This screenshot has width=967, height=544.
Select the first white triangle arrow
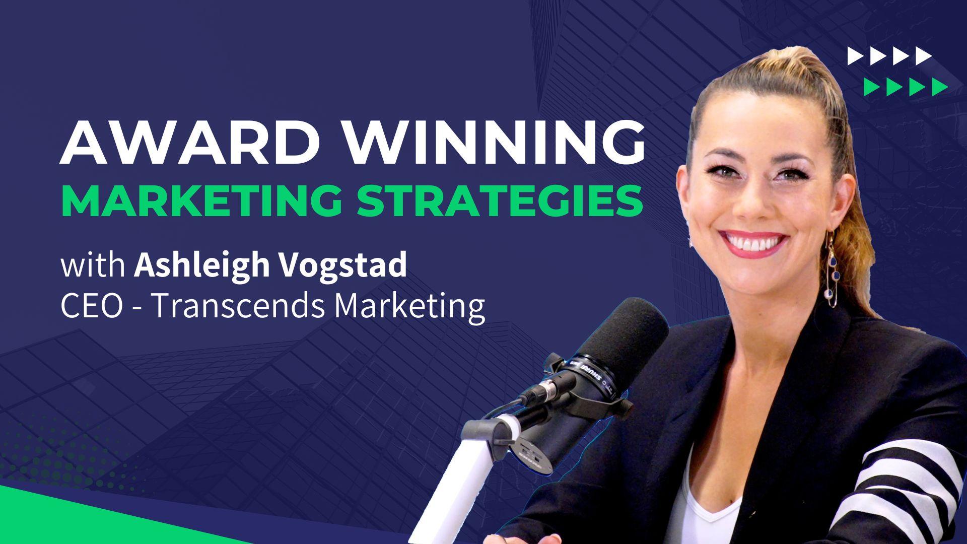pos(855,56)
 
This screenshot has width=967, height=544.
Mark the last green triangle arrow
pos(939,87)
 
